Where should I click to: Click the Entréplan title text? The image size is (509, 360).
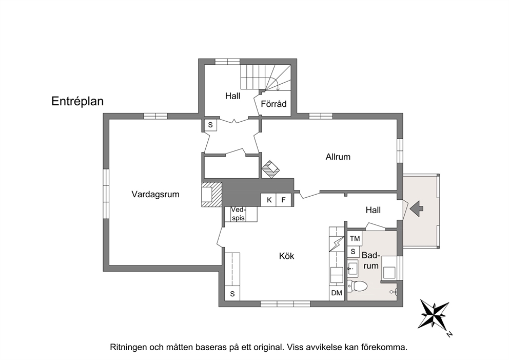point(77,101)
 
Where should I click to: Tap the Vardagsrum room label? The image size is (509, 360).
point(155,195)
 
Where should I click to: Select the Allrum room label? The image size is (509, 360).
point(338,157)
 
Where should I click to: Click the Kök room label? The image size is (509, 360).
point(287,256)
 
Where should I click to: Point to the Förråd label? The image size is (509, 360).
point(273,104)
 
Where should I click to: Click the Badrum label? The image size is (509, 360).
point(370,260)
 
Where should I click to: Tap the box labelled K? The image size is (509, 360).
point(269,200)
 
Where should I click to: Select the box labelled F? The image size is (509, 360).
point(284,200)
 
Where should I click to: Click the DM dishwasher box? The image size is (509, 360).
point(337,293)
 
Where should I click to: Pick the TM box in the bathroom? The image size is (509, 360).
point(355,239)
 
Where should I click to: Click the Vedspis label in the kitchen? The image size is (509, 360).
point(239,214)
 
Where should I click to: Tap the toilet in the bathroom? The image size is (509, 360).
point(358,286)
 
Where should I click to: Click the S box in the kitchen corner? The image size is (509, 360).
point(232,294)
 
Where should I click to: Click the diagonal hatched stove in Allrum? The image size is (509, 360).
point(271,169)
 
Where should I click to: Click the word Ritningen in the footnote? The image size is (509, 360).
point(129,347)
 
